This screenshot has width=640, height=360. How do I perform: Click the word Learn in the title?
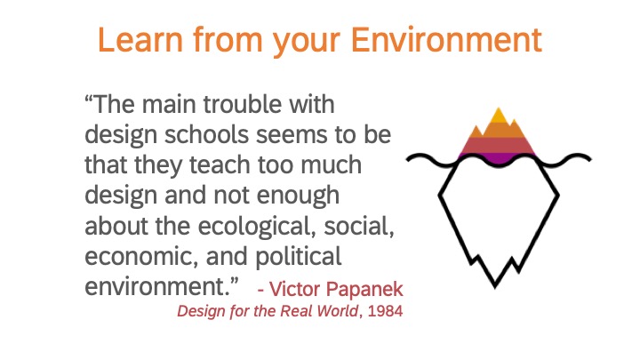(140, 40)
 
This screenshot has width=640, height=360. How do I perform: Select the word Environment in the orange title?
(446, 40)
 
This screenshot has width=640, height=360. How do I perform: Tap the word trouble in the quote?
(243, 105)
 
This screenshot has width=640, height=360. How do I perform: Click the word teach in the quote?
(220, 165)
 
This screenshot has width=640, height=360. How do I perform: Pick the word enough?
(298, 195)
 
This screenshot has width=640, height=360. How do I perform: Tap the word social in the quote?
(359, 226)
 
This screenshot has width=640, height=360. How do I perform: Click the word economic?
(141, 256)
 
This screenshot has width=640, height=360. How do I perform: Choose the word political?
(299, 257)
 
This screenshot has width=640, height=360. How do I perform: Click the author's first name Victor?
(294, 290)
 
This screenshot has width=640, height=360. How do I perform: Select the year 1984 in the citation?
(385, 311)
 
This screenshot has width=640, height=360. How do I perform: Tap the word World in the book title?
(338, 311)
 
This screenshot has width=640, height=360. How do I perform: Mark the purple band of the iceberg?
(497, 157)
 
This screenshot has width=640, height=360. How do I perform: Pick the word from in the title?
(228, 40)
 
